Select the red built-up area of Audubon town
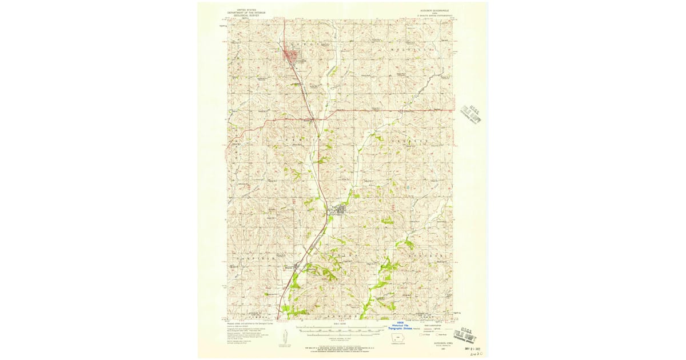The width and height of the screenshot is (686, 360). click(292, 55)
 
